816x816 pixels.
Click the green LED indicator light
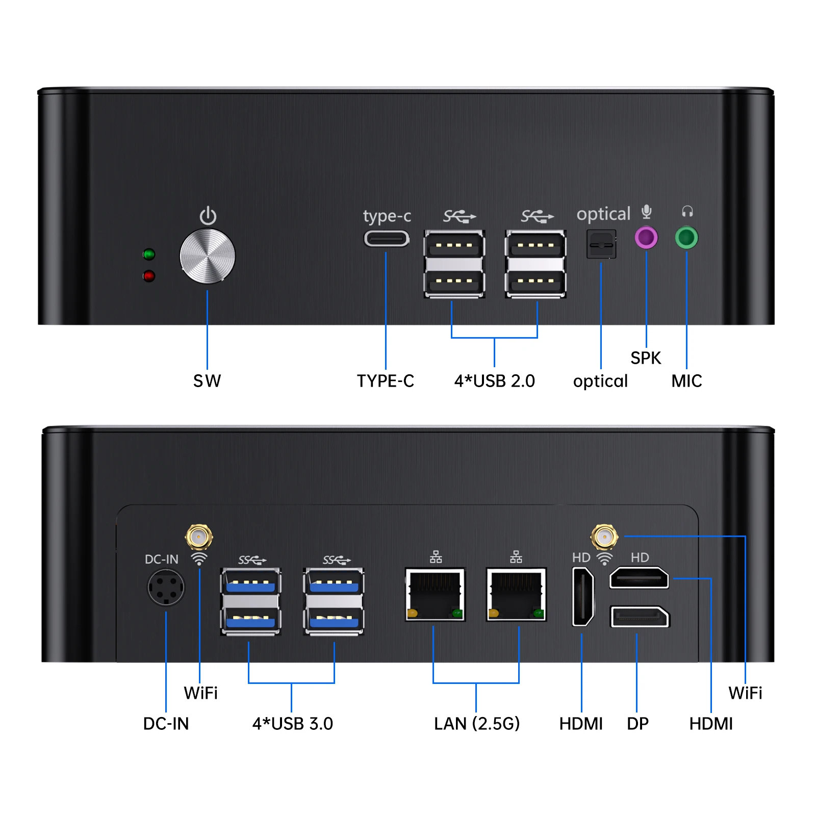149,254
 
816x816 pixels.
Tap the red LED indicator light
149,276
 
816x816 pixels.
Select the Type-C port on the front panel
386,239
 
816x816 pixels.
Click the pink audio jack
646,238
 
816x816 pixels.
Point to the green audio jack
686,238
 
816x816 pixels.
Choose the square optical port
601,244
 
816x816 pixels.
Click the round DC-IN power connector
166,588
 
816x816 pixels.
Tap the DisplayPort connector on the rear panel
640,617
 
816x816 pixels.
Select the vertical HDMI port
583,597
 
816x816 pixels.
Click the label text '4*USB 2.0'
495,381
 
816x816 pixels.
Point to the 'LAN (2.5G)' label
477,724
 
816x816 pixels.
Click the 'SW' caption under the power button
207,381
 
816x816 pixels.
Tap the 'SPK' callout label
646,358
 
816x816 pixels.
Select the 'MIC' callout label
686,381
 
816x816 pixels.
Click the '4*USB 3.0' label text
293,724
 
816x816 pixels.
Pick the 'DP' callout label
638,724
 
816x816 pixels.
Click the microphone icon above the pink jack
647,212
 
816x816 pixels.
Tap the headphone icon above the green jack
687,211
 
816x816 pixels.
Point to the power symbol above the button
208,216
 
